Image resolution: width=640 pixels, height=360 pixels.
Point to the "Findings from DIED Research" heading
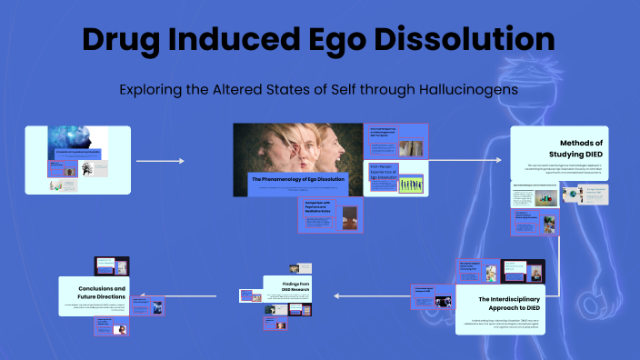pyautogui.click(x=295, y=288)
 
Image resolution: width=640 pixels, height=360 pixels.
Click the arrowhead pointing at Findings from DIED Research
pyautogui.click(x=334, y=295)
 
